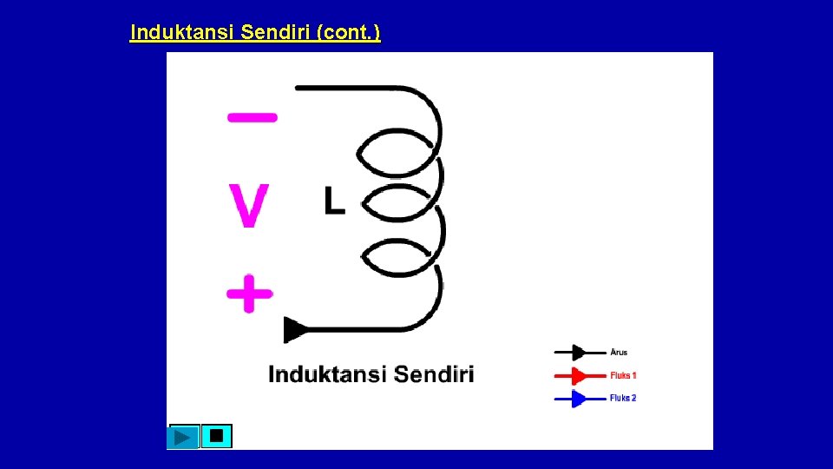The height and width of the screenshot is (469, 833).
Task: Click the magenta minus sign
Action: click(x=253, y=116)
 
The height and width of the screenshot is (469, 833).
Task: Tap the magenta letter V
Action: click(x=249, y=205)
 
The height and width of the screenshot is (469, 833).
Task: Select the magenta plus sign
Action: click(x=250, y=293)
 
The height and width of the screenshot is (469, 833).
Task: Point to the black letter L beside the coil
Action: click(x=334, y=201)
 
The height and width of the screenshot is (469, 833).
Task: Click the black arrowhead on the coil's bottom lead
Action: click(x=295, y=330)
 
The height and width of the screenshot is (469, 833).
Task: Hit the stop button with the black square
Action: click(x=216, y=436)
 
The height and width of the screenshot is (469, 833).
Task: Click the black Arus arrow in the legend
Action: click(x=580, y=353)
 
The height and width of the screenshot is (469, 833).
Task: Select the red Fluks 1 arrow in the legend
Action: click(x=580, y=376)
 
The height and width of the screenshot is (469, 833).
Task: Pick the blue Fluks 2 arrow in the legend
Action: click(x=580, y=399)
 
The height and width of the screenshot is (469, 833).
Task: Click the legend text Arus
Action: click(x=619, y=353)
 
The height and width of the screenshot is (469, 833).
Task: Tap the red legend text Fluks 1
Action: click(x=623, y=375)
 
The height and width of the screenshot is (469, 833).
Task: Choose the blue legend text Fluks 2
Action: click(x=623, y=398)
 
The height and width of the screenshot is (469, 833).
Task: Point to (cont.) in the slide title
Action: click(x=349, y=33)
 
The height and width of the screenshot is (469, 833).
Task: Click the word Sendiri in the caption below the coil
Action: click(x=434, y=374)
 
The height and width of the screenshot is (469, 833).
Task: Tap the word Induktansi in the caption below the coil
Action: click(x=327, y=374)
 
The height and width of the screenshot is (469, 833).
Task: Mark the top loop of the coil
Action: click(x=399, y=154)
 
